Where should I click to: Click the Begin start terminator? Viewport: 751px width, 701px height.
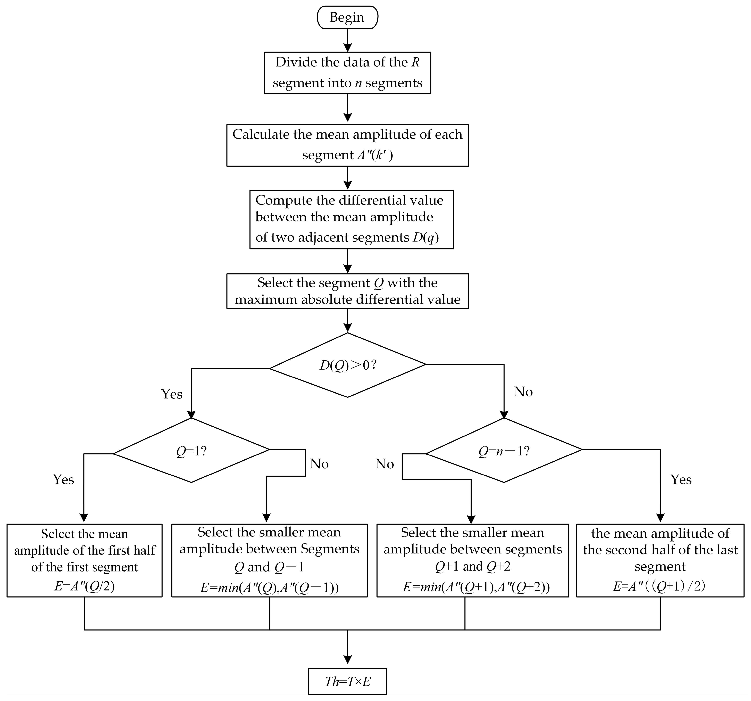tap(347, 17)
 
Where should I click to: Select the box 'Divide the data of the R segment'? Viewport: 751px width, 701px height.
tap(347, 72)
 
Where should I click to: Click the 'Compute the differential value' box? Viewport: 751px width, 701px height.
tap(351, 219)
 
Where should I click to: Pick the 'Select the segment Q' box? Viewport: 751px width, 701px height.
tap(347, 291)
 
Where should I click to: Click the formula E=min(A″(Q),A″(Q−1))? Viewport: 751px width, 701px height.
tap(269, 588)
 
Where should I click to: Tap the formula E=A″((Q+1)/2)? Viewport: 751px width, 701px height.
tap(659, 586)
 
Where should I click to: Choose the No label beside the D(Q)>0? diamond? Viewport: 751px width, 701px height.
tap(523, 392)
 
